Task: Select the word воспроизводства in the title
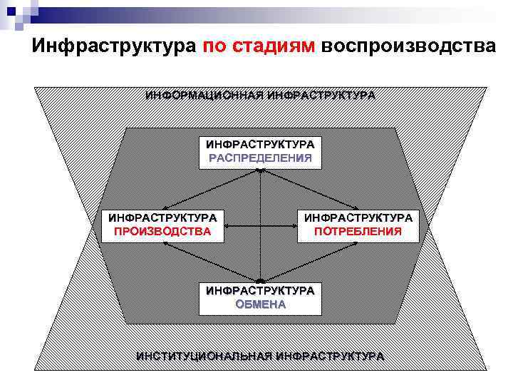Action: (407, 46)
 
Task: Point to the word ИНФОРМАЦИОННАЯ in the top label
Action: (204, 95)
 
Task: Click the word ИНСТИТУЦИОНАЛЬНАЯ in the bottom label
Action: (204, 356)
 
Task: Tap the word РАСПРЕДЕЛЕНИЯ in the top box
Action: (260, 158)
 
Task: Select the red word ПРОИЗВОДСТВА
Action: (163, 231)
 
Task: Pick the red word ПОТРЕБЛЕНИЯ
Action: (358, 231)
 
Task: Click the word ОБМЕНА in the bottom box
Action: (260, 304)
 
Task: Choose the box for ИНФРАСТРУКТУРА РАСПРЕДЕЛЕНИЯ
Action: (260, 151)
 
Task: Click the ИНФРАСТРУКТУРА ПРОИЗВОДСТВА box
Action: (163, 224)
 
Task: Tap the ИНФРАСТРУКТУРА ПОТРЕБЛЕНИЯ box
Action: (358, 224)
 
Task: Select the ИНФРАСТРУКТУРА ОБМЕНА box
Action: (260, 297)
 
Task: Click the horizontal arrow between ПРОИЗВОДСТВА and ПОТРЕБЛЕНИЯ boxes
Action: (261, 225)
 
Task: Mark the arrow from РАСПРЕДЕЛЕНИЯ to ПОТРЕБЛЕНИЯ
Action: (310, 189)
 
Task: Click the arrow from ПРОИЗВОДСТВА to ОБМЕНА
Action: (210, 262)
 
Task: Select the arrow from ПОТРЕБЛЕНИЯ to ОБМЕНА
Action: (313, 262)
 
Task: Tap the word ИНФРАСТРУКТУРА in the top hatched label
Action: (321, 95)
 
